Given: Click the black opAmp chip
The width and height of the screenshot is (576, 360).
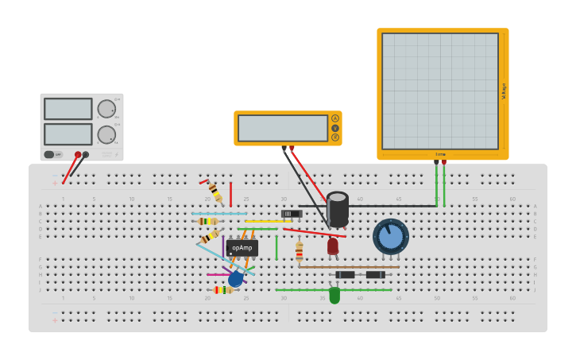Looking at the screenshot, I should coord(242,248).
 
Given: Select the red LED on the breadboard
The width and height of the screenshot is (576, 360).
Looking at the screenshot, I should coord(333,246).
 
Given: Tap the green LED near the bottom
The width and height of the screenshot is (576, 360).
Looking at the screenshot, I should coord(334,296).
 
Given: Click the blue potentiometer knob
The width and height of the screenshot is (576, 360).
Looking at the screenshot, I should coord(391,237).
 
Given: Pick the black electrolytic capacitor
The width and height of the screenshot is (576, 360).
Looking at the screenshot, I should coord(338,209).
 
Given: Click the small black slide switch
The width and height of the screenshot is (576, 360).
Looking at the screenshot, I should coord(292,214).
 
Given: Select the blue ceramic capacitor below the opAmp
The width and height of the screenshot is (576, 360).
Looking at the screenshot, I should coord(235,279).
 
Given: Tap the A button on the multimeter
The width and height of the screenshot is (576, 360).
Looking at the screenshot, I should coord(335,118).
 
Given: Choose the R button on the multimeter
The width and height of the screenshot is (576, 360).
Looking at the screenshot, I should coord(335,137).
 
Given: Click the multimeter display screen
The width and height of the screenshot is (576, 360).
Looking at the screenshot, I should coord(283,128).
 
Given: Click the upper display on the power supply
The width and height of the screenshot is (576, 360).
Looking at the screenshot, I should coord(68,109).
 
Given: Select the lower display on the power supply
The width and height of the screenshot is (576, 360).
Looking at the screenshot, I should coord(68,134).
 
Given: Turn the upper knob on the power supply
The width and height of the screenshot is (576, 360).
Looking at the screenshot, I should coord(106,109).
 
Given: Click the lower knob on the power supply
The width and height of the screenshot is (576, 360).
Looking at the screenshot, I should coord(106,134).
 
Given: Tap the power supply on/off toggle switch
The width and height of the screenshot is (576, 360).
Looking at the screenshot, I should coord(49,154).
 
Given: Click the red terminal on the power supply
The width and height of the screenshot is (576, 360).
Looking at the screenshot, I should coord(78,155).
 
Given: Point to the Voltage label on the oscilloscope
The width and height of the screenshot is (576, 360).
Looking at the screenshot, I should coord(504,91).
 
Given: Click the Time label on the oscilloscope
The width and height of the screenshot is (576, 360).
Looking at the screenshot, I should coord(440,154).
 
